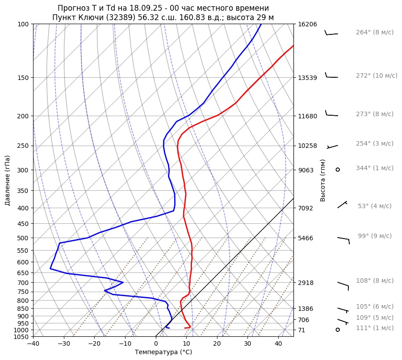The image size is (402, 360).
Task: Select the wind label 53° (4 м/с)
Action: point(374,206)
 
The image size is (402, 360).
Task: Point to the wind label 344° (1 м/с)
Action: point(374,168)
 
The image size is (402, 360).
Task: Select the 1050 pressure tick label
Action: point(22,337)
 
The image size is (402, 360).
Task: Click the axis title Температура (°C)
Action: point(163,352)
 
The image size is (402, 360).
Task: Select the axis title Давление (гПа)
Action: point(8,180)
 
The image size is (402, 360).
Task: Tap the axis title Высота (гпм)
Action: point(323,180)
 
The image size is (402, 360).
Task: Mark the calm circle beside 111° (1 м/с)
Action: point(338,330)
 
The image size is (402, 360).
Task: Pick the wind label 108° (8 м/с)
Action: point(374,281)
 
